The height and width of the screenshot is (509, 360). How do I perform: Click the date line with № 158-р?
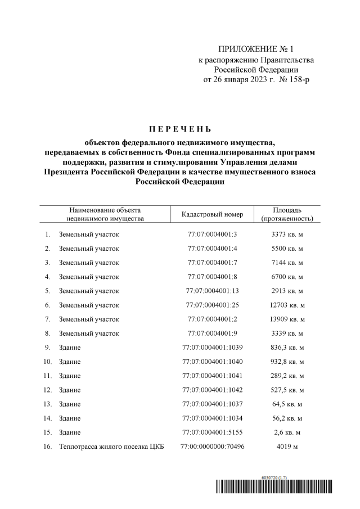(x=256, y=80)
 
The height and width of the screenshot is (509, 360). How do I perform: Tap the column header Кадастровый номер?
(x=213, y=214)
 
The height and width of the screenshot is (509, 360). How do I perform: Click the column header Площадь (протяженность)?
(x=287, y=214)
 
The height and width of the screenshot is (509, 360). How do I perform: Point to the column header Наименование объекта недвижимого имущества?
(x=105, y=214)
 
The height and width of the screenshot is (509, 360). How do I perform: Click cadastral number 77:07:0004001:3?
(x=213, y=233)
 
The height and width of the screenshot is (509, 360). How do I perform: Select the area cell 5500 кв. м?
(x=287, y=248)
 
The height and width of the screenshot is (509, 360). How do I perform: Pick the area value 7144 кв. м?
(x=287, y=263)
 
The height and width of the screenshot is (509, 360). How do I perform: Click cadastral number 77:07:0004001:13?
(x=213, y=291)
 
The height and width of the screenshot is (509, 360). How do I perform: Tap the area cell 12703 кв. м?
(x=287, y=305)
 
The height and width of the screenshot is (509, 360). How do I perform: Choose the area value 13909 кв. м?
(x=287, y=319)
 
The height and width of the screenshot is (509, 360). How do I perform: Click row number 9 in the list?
(x=48, y=348)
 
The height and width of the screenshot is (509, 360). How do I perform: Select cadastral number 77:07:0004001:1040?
(x=213, y=362)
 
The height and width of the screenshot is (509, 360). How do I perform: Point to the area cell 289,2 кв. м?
(x=287, y=376)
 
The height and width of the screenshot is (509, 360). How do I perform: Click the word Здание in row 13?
(x=70, y=404)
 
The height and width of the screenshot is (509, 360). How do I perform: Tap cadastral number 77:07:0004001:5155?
(x=213, y=433)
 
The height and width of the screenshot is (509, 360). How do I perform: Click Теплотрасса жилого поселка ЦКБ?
(x=107, y=447)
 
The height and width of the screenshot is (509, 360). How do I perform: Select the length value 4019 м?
(x=287, y=447)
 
